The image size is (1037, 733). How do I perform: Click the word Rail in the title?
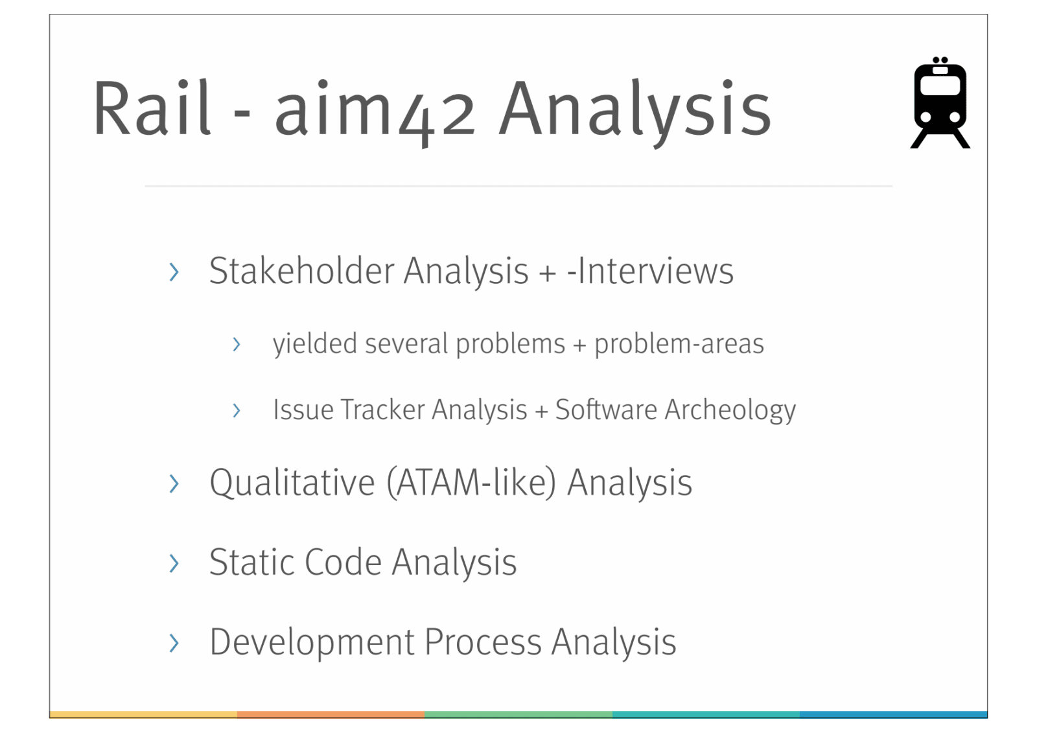coord(152,108)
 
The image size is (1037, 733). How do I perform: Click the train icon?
coord(940,102)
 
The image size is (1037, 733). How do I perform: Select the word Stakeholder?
coord(301,270)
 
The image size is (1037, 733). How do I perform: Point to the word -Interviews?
coord(651,271)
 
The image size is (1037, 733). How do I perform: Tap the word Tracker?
coord(382,410)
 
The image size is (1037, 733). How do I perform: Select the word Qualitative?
coord(292,482)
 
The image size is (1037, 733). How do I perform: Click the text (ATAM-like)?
coord(471,483)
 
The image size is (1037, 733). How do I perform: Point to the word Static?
coord(252,562)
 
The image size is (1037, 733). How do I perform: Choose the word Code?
coord(343,562)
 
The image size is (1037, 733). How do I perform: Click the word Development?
coord(312,643)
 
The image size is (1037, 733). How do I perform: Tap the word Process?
coord(483,642)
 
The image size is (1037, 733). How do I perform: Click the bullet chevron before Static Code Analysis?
coord(174,563)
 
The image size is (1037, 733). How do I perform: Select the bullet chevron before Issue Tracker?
coord(237,410)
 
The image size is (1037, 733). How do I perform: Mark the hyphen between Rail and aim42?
coord(242,113)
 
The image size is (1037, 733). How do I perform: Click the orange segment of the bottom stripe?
coord(331,714)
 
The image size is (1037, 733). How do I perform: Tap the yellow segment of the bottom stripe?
coord(143,714)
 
